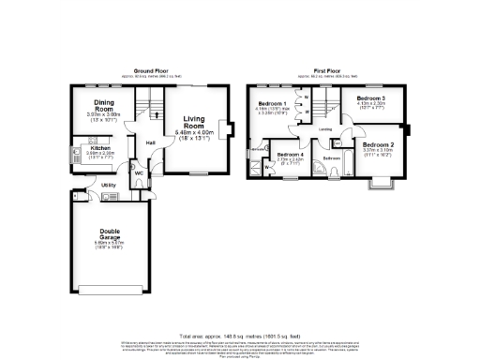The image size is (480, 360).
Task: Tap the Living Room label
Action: [195, 122]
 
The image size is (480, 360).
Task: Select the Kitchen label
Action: [100, 147]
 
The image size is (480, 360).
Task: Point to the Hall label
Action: [150, 142]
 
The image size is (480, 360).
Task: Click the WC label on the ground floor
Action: [138, 172]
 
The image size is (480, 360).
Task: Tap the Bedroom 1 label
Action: [272, 102]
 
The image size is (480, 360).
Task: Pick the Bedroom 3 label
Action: [372, 98]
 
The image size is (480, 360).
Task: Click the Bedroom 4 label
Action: [290, 152]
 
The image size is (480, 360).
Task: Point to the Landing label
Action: [323, 129]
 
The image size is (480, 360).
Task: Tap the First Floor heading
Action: [326, 71]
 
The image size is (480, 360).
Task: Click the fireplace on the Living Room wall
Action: [221, 128]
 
